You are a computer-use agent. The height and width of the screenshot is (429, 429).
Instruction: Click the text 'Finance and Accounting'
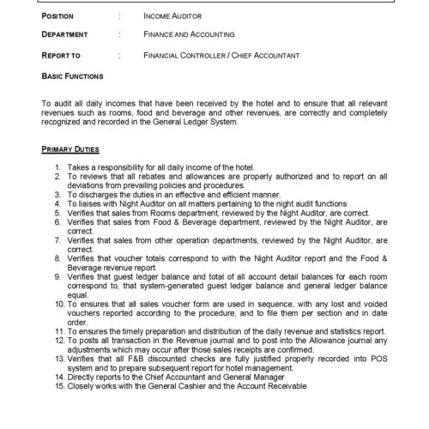coord(189,36)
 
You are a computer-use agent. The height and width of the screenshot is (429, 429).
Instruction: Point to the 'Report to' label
coord(62,56)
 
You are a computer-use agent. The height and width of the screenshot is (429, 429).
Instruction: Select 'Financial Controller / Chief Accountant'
coord(221,56)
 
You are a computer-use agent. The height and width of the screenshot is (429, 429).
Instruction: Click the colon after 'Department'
coord(118,36)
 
